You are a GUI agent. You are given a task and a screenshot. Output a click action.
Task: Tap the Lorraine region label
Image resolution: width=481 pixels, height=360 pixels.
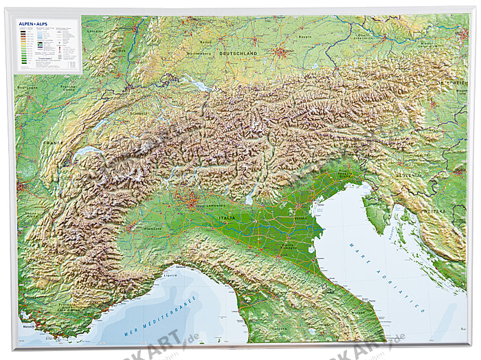(96, 32)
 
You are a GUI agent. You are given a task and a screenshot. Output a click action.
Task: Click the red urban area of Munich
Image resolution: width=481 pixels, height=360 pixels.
(281, 51)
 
